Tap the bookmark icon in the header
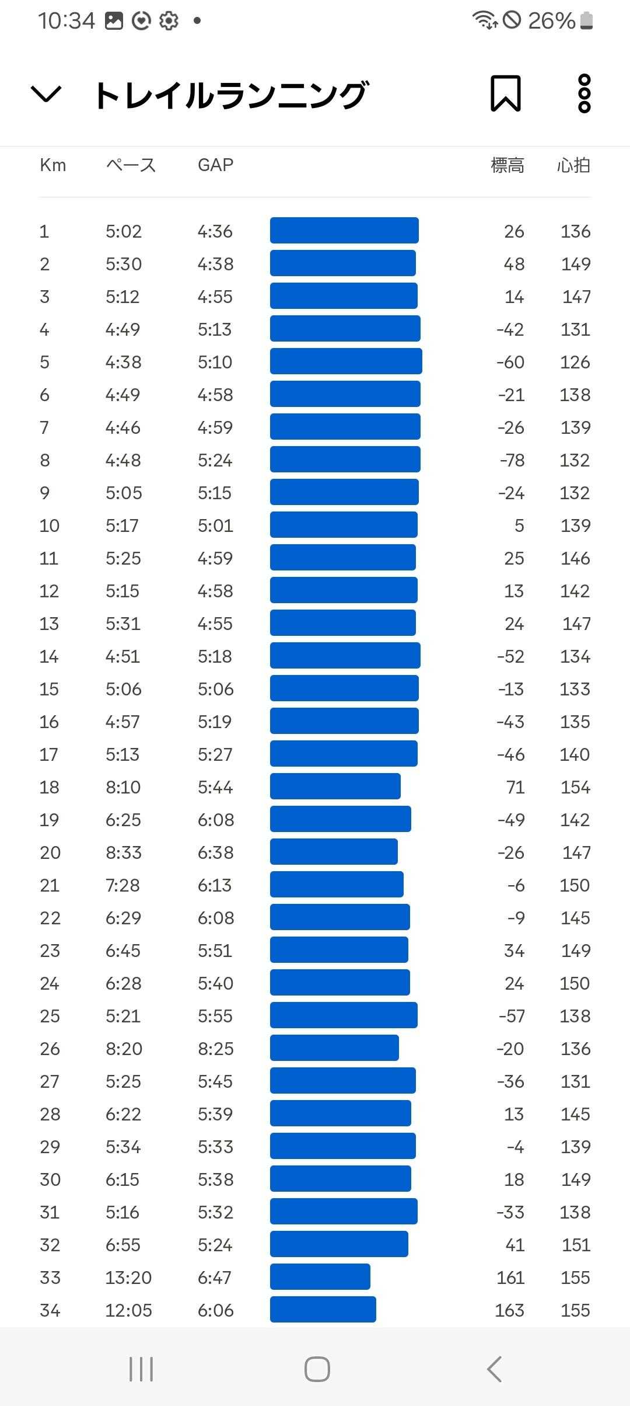pos(505,93)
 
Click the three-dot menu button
pos(584,93)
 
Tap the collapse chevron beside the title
pos(46,93)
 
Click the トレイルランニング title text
pos(231,95)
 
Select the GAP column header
pos(215,165)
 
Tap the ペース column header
pos(131,165)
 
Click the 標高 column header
pos(507,165)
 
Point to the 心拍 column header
pos(573,165)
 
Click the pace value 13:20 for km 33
pos(128,1278)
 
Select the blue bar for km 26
pos(334,1048)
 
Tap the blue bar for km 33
pos(320,1277)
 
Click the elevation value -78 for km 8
pos(512,460)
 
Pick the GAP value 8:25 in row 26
pos(215,1049)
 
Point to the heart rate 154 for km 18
pos(575,787)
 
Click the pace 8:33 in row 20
pos(123,852)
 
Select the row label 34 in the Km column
pos(50,1310)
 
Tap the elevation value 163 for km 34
pos(509,1310)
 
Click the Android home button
pos(317,1369)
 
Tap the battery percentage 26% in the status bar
pos(551,21)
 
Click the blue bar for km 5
pos(346,361)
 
